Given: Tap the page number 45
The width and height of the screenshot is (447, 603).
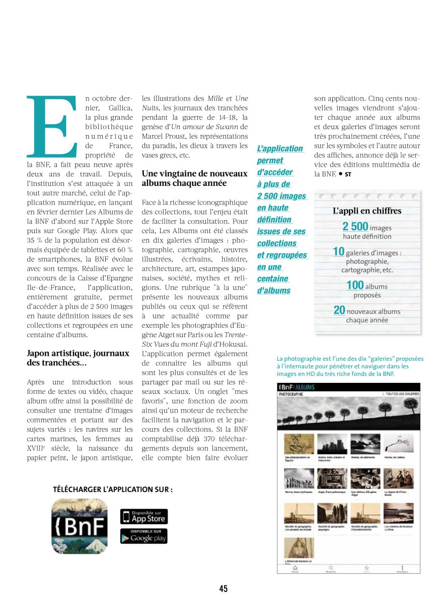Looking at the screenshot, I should (x=223, y=588).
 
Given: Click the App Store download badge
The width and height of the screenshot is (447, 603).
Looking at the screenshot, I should (x=143, y=517).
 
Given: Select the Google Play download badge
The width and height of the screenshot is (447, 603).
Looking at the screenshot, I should (x=143, y=536).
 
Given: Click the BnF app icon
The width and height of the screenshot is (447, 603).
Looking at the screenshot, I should (x=80, y=526).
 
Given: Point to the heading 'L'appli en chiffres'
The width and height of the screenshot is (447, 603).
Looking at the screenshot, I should (x=367, y=211).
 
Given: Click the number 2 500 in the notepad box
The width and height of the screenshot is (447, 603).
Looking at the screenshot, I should (x=355, y=227).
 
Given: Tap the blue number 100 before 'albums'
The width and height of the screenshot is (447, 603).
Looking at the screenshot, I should (x=355, y=285).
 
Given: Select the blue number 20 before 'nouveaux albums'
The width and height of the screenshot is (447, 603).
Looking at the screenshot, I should (x=339, y=311).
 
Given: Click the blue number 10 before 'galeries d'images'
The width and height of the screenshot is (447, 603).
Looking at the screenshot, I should (x=338, y=252).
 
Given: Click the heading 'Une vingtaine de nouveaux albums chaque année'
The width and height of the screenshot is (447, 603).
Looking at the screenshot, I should (x=195, y=178).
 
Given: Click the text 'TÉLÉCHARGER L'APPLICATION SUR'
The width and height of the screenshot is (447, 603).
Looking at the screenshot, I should (x=112, y=489).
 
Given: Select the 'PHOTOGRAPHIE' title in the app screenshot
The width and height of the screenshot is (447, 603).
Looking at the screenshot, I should (x=291, y=394).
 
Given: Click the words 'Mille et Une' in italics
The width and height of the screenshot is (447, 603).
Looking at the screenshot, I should (x=228, y=98).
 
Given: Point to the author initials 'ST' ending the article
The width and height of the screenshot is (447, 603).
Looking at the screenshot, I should (x=347, y=174).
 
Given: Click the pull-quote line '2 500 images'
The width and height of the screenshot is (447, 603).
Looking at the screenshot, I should (x=281, y=196).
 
